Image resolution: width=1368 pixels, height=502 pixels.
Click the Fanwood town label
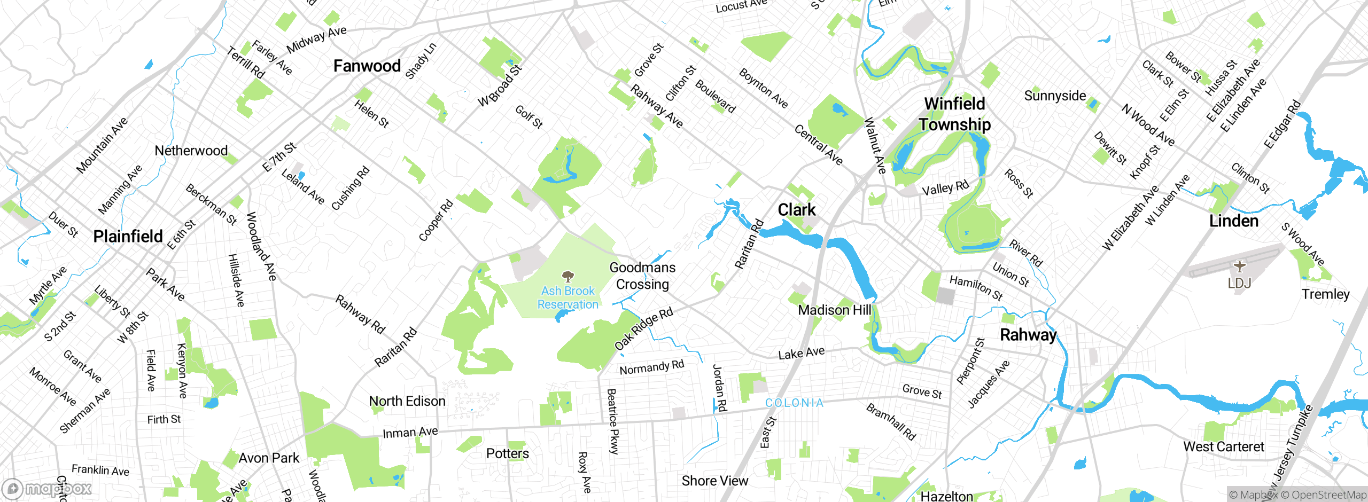click(x=367, y=66)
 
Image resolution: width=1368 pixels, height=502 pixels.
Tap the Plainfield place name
click(x=128, y=236)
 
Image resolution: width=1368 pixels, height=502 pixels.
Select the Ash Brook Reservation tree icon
click(x=568, y=276)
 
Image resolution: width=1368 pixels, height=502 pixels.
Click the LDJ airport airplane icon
click(x=1239, y=265)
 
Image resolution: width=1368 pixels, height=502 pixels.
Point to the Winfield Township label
click(x=955, y=114)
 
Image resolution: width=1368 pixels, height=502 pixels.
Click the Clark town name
click(x=796, y=210)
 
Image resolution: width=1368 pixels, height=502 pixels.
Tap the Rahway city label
click(x=1028, y=335)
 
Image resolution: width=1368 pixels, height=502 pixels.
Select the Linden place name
click(x=1233, y=221)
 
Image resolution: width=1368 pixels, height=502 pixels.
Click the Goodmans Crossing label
click(x=642, y=276)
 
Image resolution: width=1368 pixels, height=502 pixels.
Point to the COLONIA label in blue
click(x=795, y=403)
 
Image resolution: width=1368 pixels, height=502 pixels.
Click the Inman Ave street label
click(x=410, y=432)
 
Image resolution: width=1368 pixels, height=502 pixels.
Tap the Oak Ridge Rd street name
click(x=643, y=329)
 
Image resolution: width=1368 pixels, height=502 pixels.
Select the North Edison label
click(x=407, y=401)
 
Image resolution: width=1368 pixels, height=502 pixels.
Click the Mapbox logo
click(x=47, y=489)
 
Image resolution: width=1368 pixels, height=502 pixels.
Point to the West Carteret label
click(x=1223, y=446)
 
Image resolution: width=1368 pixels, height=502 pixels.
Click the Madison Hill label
click(x=834, y=310)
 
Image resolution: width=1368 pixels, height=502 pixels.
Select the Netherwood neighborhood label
click(x=191, y=151)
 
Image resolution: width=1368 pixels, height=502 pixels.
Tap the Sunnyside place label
click(x=1055, y=96)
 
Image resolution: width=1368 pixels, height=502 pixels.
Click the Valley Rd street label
click(x=945, y=188)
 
